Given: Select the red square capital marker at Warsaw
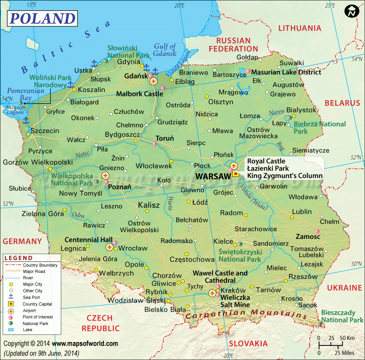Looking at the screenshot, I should (x=236, y=174).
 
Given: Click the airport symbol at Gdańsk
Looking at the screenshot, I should (x=153, y=81).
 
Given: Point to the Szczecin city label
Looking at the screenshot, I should (x=45, y=131).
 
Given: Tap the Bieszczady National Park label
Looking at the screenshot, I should (x=342, y=316).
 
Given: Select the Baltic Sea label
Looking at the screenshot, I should (x=66, y=47).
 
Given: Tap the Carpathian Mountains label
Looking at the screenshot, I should (x=246, y=314).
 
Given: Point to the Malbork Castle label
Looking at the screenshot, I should (x=139, y=94).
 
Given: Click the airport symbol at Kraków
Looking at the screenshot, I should (x=212, y=293).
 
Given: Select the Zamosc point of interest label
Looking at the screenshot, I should (x=308, y=236).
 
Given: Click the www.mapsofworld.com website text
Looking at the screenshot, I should (x=85, y=344).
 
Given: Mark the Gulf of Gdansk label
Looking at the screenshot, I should (x=165, y=50).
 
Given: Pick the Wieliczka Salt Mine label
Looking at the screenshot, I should (x=235, y=301).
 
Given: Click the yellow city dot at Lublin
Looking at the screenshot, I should (x=292, y=217).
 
